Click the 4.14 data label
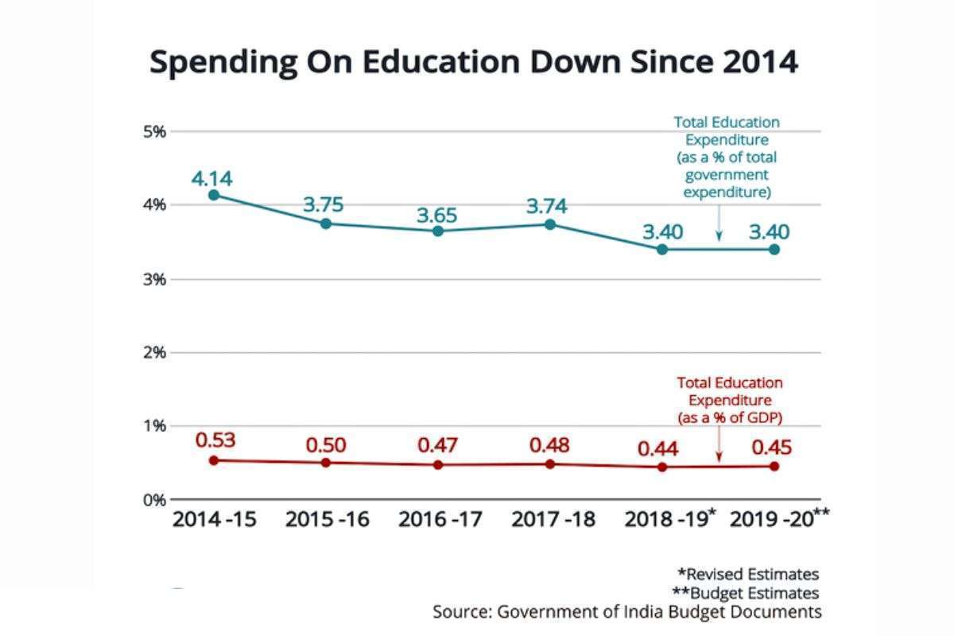pyautogui.click(x=211, y=178)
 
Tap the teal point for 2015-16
pyautogui.click(x=325, y=223)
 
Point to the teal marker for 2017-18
pyautogui.click(x=550, y=224)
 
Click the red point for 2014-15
pyautogui.click(x=213, y=460)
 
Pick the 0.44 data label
pyautogui.click(x=658, y=449)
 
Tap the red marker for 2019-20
pyautogui.click(x=774, y=466)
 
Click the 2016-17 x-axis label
pyautogui.click(x=440, y=520)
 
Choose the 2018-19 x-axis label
pyautogui.click(x=666, y=520)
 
